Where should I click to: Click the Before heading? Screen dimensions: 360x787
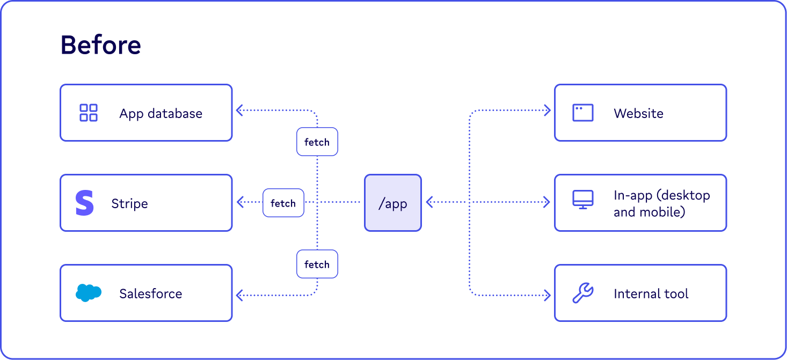coord(100,45)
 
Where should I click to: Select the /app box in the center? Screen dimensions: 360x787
coord(392,203)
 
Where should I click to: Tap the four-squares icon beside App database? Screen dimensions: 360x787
coord(89,113)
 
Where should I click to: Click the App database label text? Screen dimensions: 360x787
coord(161,113)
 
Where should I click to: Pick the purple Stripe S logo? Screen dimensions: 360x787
coord(85,203)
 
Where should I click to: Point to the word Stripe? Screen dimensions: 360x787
coord(129,203)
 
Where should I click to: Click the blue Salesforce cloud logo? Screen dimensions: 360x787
coord(89,293)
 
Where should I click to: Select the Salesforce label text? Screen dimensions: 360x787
coord(150,293)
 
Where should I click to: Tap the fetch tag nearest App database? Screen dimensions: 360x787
coord(317,142)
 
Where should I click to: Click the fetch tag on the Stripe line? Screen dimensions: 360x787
coord(283,203)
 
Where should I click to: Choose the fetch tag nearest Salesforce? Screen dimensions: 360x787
coord(317,264)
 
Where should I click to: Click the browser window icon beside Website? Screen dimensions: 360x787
coord(582,113)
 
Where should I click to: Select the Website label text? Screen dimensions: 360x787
coord(638,113)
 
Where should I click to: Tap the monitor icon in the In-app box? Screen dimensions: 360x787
coord(582,200)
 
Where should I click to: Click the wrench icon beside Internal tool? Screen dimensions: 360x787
coord(582,293)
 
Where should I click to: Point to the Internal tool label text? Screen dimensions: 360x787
coord(651,293)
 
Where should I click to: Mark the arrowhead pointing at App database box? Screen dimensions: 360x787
coord(239,111)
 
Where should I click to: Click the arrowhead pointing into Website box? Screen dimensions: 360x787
coord(548,111)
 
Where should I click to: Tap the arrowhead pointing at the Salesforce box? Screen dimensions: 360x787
coord(239,295)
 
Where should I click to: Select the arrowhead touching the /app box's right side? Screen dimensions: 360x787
coord(429,202)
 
